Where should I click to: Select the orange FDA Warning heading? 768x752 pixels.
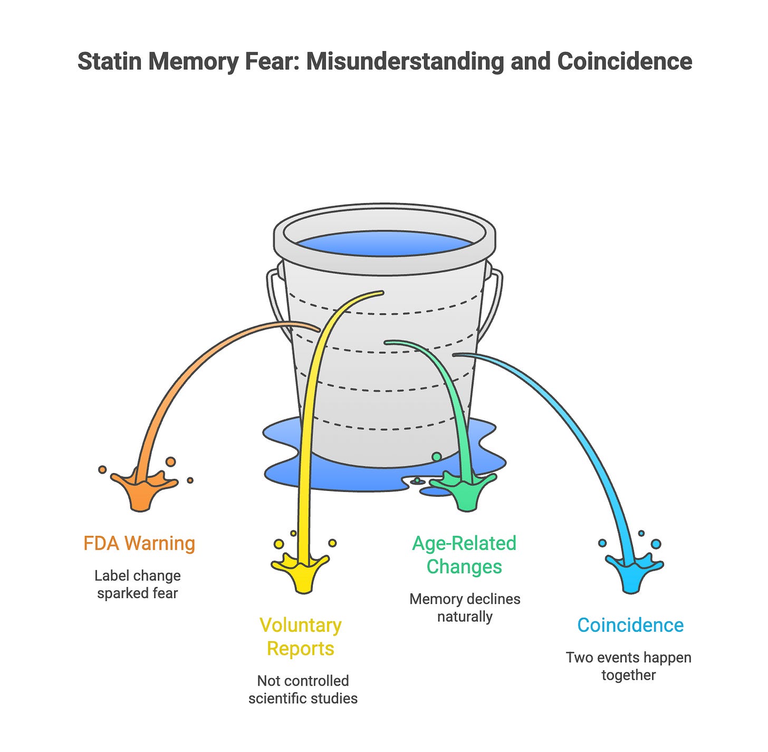point(139,543)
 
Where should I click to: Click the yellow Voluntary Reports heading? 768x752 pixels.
point(301,637)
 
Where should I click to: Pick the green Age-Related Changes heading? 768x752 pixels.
point(464,555)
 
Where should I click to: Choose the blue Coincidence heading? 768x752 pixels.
point(630,625)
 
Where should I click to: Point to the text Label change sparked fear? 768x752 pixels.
point(138,584)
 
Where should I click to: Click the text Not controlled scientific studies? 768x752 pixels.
point(303,689)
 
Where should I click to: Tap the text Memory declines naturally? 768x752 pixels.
point(465,608)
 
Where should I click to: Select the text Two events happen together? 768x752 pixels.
point(628,666)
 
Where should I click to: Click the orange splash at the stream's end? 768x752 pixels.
point(141,488)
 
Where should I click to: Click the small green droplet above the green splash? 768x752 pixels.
point(437,457)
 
